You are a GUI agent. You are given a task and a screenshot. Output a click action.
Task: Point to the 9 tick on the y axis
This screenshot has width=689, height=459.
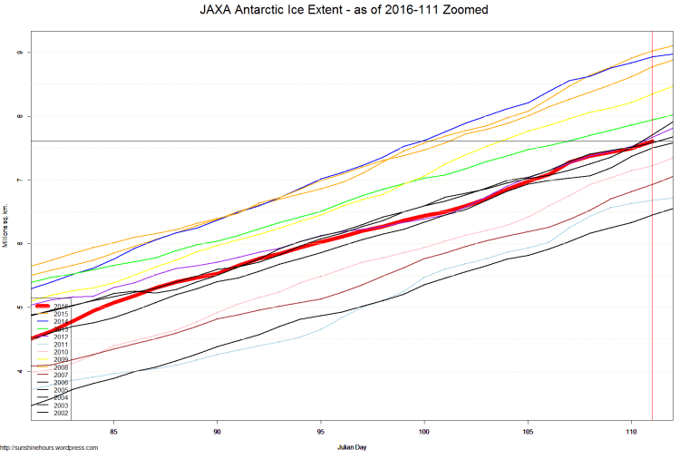[x=19, y=53]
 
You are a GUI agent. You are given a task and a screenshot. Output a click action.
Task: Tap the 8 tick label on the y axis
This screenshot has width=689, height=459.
[x=19, y=116]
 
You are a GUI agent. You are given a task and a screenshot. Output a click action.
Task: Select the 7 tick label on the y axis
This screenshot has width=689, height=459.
[x=19, y=180]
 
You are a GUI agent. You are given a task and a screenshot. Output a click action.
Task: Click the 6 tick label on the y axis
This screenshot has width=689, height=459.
[x=19, y=243]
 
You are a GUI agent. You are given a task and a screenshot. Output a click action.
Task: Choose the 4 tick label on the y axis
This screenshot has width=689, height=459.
[x=19, y=371]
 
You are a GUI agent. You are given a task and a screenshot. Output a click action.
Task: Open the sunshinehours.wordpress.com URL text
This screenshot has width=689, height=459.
[x=49, y=447]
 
